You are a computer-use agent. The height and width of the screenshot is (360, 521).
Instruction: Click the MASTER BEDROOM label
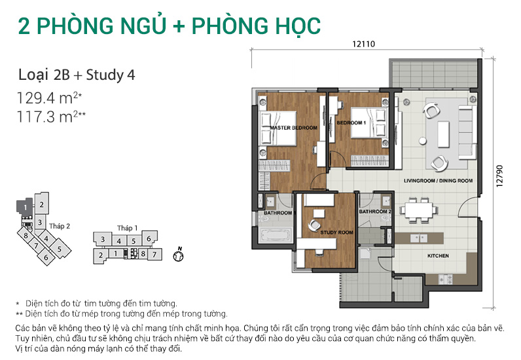pyautogui.click(x=293, y=128)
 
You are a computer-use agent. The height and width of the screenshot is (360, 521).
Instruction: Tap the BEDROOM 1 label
pyautogui.click(x=351, y=122)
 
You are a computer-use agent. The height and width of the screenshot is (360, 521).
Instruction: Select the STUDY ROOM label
pyautogui.click(x=336, y=232)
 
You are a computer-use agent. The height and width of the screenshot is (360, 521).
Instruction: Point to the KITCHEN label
pyautogui.click(x=438, y=256)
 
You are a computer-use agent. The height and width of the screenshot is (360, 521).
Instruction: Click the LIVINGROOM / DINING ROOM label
pyautogui.click(x=438, y=181)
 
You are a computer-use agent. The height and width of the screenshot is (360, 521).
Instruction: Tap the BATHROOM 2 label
pyautogui.click(x=375, y=211)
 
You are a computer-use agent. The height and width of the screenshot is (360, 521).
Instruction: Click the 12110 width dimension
pyautogui.click(x=363, y=44)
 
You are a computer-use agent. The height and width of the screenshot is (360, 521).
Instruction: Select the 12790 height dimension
pyautogui.click(x=499, y=176)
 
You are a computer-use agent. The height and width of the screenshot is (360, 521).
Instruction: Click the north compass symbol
pyautogui.click(x=179, y=255)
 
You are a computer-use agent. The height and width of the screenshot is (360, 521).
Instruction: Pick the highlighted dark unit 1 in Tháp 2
pyautogui.click(x=25, y=207)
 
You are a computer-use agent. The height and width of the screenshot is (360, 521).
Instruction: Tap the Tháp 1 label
pyautogui.click(x=127, y=228)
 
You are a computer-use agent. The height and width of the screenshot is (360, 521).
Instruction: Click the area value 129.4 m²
pyautogui.click(x=50, y=98)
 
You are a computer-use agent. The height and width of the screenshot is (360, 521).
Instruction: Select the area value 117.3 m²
pyautogui.click(x=51, y=117)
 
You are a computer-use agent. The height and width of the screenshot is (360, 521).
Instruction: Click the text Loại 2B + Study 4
pyautogui.click(x=77, y=75)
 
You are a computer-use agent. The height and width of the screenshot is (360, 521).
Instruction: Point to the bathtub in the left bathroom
pyautogui.click(x=276, y=236)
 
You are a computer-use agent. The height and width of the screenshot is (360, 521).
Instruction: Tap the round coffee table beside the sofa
pyautogui.click(x=423, y=141)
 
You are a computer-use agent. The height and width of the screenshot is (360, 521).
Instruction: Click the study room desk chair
pyautogui.click(x=314, y=225)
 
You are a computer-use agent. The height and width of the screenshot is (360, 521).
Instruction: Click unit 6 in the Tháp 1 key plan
pyautogui.click(x=149, y=238)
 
